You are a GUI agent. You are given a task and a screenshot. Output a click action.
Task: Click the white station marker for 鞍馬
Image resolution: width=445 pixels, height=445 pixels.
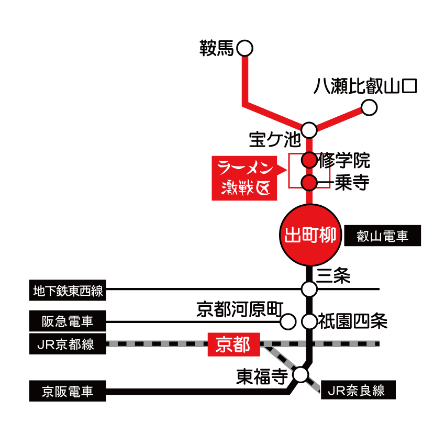pos(244,49)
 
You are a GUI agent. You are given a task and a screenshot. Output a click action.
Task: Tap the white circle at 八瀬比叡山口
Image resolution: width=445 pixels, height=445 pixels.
pos(369,108)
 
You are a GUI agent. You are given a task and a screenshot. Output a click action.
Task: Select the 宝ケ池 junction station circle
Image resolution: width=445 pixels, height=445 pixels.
pos(309,129)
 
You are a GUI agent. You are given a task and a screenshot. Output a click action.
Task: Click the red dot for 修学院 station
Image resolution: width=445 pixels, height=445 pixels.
pos(309,160)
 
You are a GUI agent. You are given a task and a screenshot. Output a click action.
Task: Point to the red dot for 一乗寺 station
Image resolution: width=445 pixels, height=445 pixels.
pos(309,183)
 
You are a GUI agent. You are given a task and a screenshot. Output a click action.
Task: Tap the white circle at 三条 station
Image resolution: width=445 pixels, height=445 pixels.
pos(309,289)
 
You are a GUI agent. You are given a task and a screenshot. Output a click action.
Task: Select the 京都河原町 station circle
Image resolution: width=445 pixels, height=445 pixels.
pos(288,321)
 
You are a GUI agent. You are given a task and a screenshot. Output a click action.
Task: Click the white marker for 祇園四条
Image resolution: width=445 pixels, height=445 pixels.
pos(309,321)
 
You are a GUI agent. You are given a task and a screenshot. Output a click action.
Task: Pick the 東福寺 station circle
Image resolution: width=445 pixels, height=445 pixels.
pos(301,374)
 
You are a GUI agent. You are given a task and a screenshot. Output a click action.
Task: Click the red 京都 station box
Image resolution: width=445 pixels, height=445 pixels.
pos(233,345)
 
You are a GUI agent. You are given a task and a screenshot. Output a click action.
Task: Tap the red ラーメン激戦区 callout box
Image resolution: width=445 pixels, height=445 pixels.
pos(244,178)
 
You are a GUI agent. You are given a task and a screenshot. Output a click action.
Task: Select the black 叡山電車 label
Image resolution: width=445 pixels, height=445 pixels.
pos(382,236)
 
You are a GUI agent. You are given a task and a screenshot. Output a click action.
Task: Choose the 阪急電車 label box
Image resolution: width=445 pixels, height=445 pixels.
pos(68,320)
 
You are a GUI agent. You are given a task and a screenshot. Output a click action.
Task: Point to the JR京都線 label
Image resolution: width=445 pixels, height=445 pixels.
pos(68,344)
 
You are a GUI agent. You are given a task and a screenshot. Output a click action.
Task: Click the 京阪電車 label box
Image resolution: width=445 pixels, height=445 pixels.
pos(68,391)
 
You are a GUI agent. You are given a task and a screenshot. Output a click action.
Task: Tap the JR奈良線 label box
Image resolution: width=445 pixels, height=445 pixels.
pos(358,390)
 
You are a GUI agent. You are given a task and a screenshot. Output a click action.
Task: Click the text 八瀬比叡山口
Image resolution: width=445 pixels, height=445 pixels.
pos(365,86)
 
